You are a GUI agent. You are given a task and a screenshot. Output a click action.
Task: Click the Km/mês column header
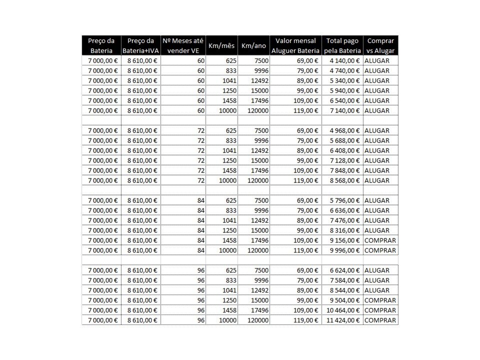pos(221,45)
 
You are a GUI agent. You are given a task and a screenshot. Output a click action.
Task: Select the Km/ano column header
pos(253,45)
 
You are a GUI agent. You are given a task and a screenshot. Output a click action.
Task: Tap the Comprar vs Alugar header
pos(380,45)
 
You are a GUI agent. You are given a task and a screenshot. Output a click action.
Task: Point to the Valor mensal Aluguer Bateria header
pos(295,45)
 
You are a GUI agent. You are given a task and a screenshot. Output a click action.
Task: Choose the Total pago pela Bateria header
pos(342,45)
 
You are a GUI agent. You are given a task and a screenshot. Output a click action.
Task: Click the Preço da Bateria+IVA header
pos(141,45)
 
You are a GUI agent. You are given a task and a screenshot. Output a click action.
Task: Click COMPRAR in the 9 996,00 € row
pos(380,250)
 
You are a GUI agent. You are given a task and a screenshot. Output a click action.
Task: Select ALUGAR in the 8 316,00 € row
pos(377,230)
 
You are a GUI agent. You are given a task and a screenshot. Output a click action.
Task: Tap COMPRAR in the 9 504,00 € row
pos(380,300)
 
